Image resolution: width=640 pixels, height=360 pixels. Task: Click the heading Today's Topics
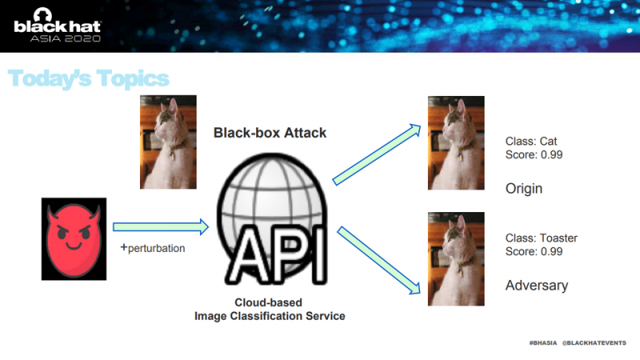pyautogui.click(x=89, y=78)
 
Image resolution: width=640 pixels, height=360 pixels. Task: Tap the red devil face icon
pyautogui.click(x=73, y=239)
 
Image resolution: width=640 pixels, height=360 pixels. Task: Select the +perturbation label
pyautogui.click(x=152, y=248)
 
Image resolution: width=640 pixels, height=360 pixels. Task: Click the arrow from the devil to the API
pyautogui.click(x=160, y=228)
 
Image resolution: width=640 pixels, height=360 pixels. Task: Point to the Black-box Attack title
pyautogui.click(x=270, y=133)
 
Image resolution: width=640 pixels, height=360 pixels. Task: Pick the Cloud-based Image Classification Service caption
pyautogui.click(x=270, y=310)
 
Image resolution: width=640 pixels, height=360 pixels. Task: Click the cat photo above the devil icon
pyautogui.click(x=168, y=142)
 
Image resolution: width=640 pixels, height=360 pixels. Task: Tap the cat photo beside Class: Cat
pyautogui.click(x=456, y=143)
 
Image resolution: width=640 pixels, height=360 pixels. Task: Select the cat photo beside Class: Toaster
pyautogui.click(x=456, y=258)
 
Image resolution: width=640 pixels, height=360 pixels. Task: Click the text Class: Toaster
pyautogui.click(x=542, y=238)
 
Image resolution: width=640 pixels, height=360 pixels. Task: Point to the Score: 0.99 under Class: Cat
pyautogui.click(x=534, y=154)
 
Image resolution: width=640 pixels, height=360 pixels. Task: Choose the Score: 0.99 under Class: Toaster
pyautogui.click(x=534, y=251)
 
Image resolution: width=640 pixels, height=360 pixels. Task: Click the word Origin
pyautogui.click(x=524, y=189)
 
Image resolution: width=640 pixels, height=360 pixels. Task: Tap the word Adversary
pyautogui.click(x=537, y=285)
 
